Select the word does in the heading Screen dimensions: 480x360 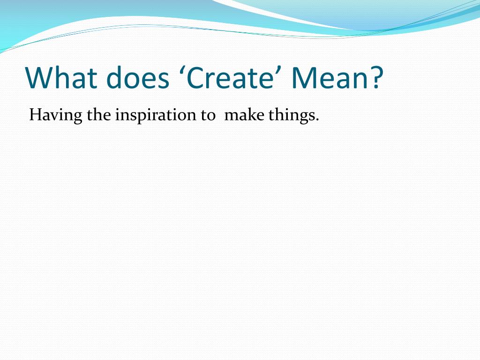(137, 77)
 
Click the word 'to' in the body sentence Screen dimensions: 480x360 (208, 116)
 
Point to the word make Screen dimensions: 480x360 (244, 115)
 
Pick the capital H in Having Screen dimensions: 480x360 (35, 115)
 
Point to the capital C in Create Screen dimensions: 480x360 (195, 77)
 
